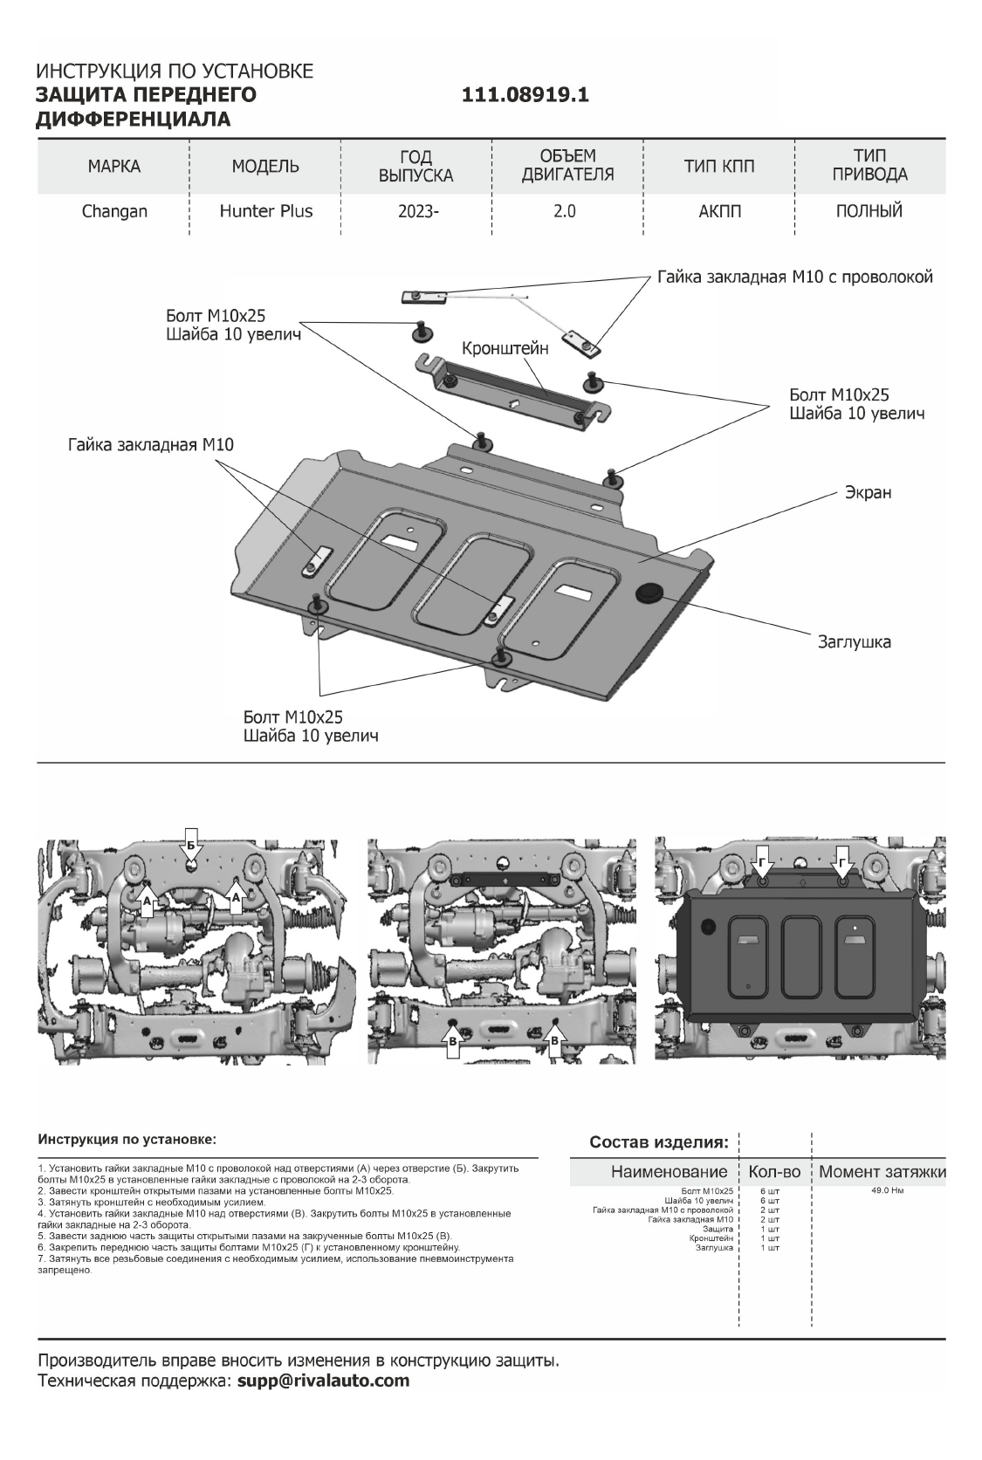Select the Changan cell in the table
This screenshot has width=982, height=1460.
114,211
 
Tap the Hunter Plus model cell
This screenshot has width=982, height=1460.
265,211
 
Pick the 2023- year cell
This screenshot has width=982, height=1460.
415,211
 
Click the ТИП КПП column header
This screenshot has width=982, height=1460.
718,167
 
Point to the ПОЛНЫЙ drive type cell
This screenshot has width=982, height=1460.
869,211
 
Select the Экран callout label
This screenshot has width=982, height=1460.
867,492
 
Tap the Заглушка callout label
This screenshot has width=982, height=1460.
854,642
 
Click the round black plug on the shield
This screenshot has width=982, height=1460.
649,593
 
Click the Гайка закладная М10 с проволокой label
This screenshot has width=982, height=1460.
795,277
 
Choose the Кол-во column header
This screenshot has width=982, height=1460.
774,1171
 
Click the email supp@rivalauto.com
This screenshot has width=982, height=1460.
323,1381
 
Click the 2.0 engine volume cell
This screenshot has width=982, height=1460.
565,211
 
